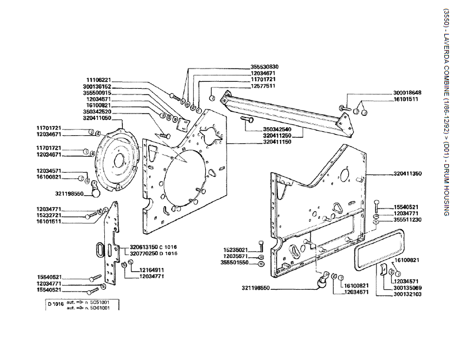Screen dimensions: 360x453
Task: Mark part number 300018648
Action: coord(407,93)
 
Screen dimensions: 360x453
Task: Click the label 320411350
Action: coord(407,173)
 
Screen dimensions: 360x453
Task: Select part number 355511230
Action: coord(407,219)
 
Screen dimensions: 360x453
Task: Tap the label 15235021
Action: coord(235,249)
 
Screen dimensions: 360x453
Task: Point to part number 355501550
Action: coord(235,263)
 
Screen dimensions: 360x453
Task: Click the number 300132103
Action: coord(407,294)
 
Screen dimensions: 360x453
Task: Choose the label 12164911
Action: coord(152,270)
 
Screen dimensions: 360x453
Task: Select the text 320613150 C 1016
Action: coord(154,247)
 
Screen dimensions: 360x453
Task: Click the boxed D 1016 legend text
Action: coord(56,304)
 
